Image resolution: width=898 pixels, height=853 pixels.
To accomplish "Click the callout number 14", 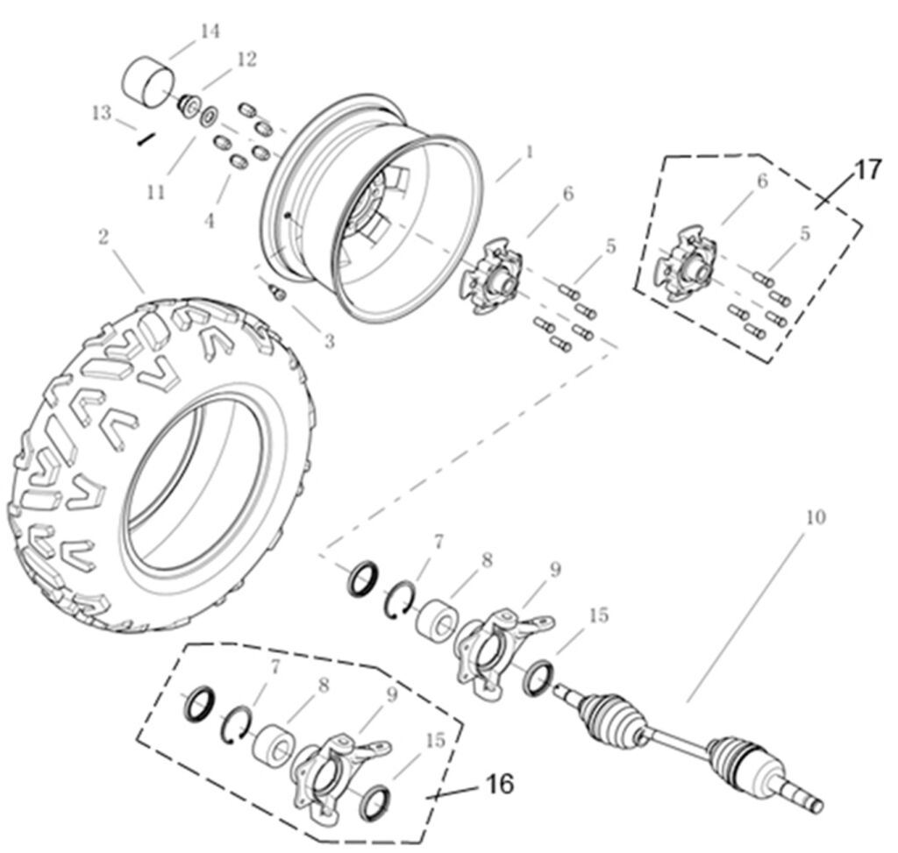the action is coord(210,31).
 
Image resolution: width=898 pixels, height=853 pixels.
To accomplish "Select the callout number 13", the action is coord(101,113).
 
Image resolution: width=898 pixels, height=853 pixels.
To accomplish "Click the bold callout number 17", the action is coord(869,170).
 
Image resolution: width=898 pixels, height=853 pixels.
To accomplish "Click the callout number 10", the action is coord(816,517).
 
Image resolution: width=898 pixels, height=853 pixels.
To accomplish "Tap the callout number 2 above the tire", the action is coord(103,237).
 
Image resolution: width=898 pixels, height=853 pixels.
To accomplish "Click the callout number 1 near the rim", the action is coord(530,152).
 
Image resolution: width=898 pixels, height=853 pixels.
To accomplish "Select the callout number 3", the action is coord(330,341).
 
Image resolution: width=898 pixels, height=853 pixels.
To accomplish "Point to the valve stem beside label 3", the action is coord(278,293).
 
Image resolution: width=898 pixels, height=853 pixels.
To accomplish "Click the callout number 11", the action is coord(156,192).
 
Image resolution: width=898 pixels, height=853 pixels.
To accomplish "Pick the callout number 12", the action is coord(246,60).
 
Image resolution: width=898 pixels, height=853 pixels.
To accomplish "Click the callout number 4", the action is coord(210,220).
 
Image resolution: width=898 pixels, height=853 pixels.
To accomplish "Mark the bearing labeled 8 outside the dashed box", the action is coord(438,620).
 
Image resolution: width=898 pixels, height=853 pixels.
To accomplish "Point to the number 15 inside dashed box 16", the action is coord(435,740).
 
